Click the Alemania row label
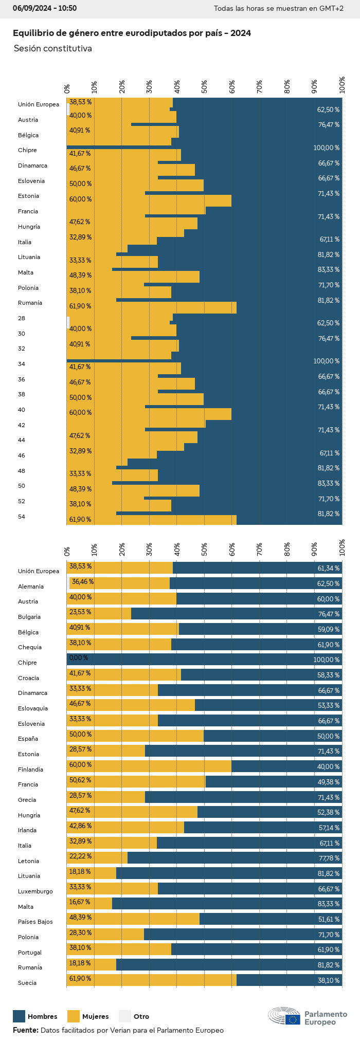(31, 587)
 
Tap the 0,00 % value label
(78, 658)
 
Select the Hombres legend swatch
(19, 1016)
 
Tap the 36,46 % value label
(82, 582)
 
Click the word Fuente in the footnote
(25, 1030)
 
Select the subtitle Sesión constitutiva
(53, 48)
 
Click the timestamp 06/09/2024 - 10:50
(45, 8)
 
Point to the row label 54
(22, 517)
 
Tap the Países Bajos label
(35, 922)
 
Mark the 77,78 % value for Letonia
(329, 858)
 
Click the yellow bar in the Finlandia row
(149, 767)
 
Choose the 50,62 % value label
(80, 780)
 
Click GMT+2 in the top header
(333, 8)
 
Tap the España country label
(28, 739)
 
